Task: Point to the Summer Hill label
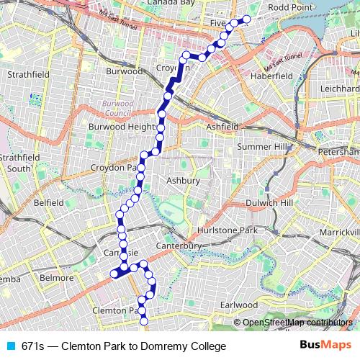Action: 261,147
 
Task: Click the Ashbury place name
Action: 182,181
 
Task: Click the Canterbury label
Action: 181,246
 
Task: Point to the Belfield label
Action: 48,203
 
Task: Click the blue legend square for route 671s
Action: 10,346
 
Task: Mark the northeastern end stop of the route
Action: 247,19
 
